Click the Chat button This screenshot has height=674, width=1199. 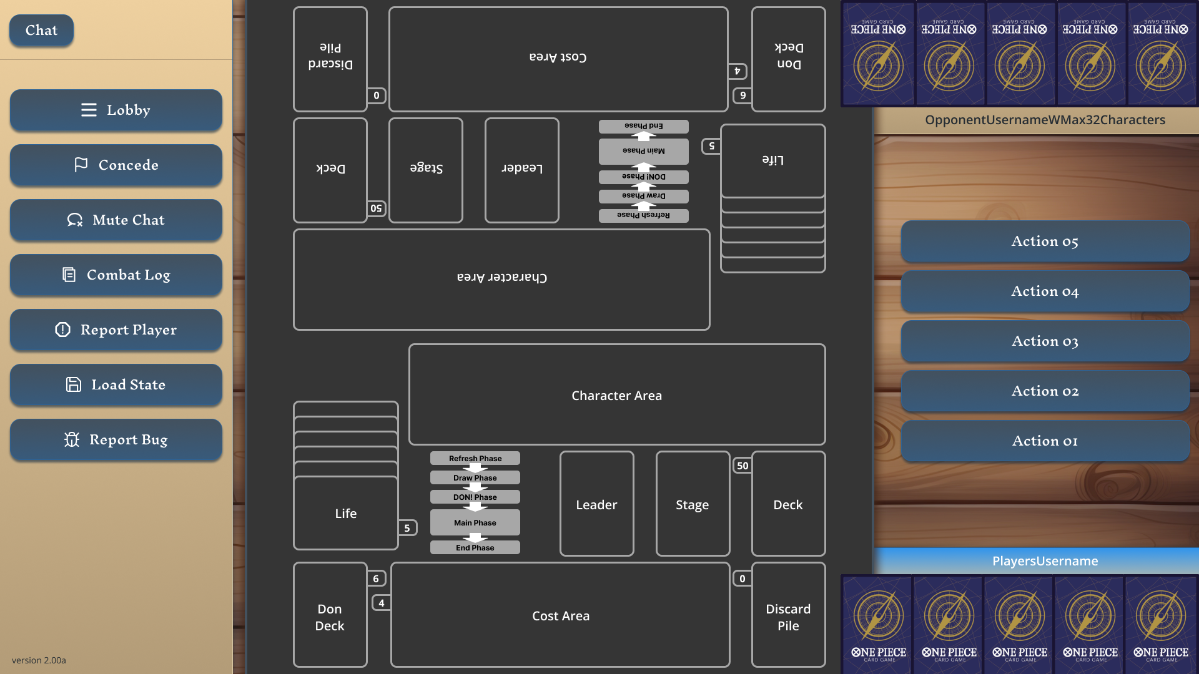pyautogui.click(x=41, y=30)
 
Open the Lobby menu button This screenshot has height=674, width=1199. pyautogui.click(x=116, y=110)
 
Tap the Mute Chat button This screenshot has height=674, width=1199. pyautogui.click(x=116, y=220)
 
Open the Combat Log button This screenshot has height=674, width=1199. pyautogui.click(x=116, y=275)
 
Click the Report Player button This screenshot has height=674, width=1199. pyautogui.click(x=116, y=330)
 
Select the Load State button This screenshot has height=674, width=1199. pyautogui.click(x=116, y=385)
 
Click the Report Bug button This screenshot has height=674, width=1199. pyautogui.click(x=116, y=440)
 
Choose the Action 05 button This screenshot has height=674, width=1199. pyautogui.click(x=1045, y=242)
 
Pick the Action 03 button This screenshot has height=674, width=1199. pyautogui.click(x=1045, y=341)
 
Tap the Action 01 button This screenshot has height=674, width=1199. pyautogui.click(x=1045, y=441)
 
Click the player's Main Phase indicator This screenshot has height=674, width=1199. pyautogui.click(x=475, y=523)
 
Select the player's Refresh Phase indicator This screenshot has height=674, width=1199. pyautogui.click(x=475, y=459)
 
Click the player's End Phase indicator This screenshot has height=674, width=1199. pyautogui.click(x=475, y=548)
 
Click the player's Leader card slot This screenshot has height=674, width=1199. pyautogui.click(x=596, y=504)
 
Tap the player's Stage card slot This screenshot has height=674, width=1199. pyautogui.click(x=693, y=504)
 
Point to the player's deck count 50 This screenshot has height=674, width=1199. pyautogui.click(x=743, y=466)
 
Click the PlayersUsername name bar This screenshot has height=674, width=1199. pyautogui.click(x=1045, y=561)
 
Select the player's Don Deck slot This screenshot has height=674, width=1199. pyautogui.click(x=330, y=616)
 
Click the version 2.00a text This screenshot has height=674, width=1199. pyautogui.click(x=39, y=660)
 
